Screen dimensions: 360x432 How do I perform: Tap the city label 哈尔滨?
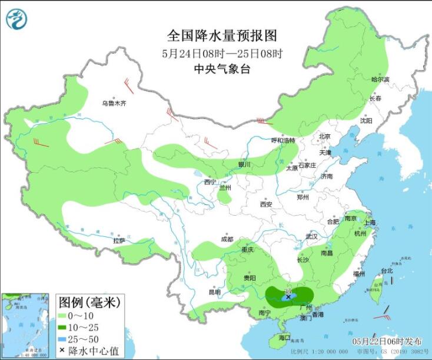click(x=380, y=79)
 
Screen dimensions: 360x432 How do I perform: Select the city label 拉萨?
click(x=119, y=240)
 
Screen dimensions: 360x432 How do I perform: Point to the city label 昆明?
click(x=214, y=292)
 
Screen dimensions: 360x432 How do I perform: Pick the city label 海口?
click(x=285, y=338)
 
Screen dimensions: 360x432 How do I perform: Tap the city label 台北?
click(x=386, y=271)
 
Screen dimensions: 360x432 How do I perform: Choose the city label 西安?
click(x=266, y=204)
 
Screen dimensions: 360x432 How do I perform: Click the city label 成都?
click(x=227, y=239)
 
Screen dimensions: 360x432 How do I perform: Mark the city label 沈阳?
click(x=366, y=120)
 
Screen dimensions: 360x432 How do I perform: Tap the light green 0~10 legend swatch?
click(x=68, y=316)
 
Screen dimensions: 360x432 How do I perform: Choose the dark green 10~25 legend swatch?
click(x=68, y=328)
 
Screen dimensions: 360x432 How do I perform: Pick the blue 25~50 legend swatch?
click(x=68, y=339)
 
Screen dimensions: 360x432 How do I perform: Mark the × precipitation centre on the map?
click(x=288, y=298)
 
